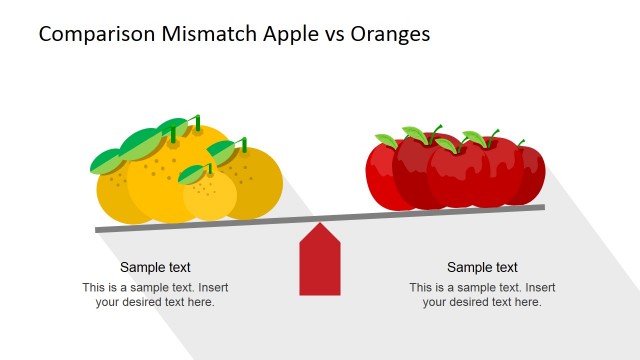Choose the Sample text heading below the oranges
(155, 267)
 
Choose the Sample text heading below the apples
(482, 267)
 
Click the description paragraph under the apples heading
(482, 295)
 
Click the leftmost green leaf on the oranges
(106, 160)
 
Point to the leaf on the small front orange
(192, 174)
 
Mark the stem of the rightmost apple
(520, 142)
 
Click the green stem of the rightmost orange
(243, 145)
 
